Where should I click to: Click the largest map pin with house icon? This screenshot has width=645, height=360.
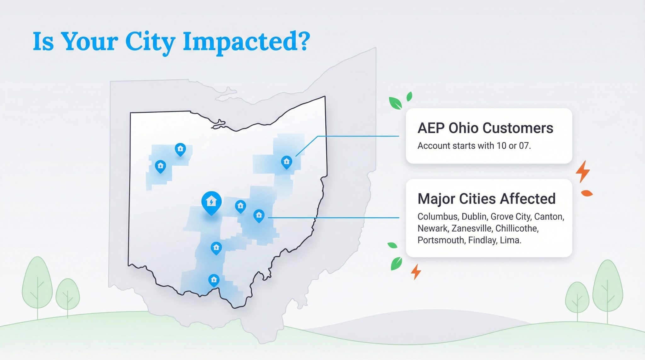pyautogui.click(x=211, y=203)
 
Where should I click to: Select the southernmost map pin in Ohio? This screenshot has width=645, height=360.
pyautogui.click(x=214, y=280)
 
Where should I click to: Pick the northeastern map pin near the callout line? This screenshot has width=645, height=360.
pyautogui.click(x=286, y=162)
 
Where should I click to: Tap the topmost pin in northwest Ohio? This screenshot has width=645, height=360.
pyautogui.click(x=180, y=149)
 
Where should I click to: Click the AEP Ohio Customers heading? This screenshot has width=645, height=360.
pyautogui.click(x=485, y=128)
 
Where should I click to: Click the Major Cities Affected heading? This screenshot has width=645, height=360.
pyautogui.click(x=487, y=199)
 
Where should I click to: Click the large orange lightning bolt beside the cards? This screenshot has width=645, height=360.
pyautogui.click(x=583, y=172)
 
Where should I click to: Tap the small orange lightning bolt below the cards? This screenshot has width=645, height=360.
pyautogui.click(x=416, y=271)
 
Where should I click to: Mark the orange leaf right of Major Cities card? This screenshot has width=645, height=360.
pyautogui.click(x=587, y=193)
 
